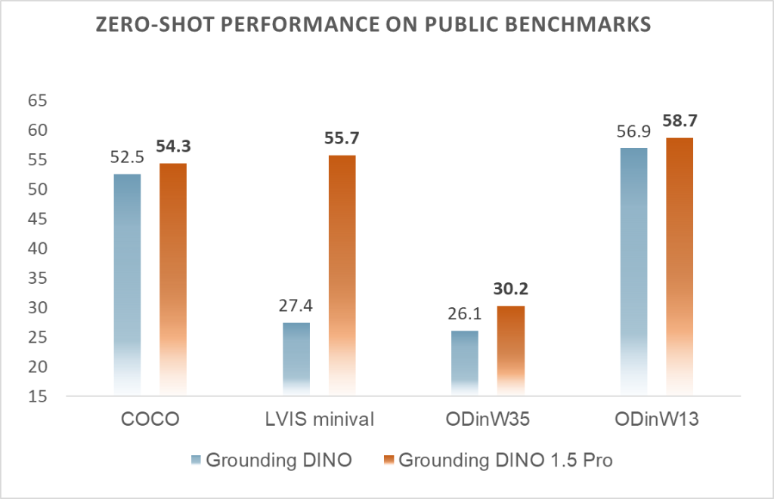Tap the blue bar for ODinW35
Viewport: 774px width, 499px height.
pos(465,362)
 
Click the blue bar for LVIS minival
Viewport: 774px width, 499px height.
pos(296,358)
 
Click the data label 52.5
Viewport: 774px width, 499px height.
pos(127,159)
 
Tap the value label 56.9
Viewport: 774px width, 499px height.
pos(633,132)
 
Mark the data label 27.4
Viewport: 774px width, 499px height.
pos(296,306)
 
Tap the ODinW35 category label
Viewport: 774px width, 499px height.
pos(488,420)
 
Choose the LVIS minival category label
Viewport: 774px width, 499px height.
pos(318,420)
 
